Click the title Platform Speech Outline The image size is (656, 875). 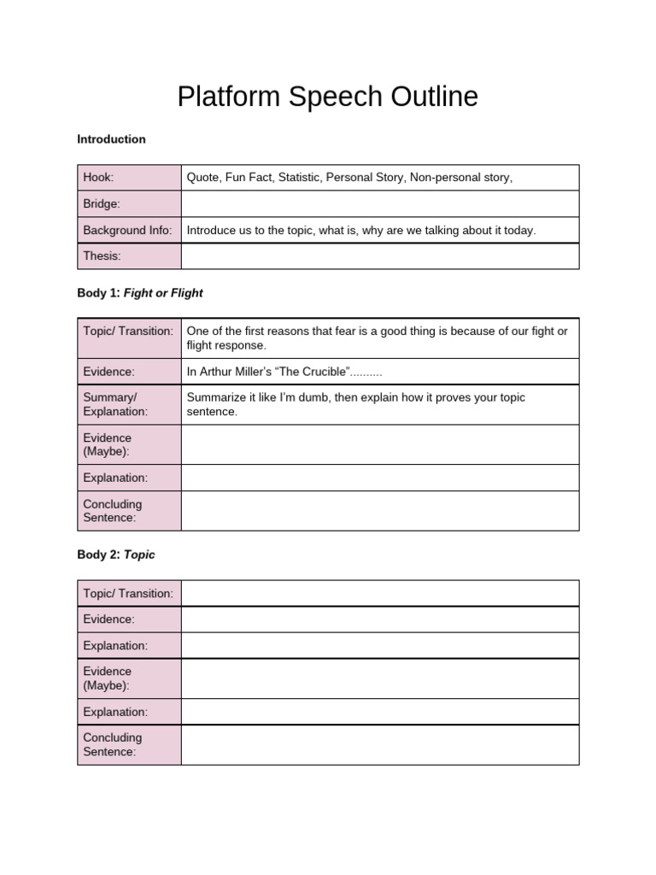pyautogui.click(x=327, y=97)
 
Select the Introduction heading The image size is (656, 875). pyautogui.click(x=111, y=139)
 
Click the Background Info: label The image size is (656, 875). pyautogui.click(x=127, y=231)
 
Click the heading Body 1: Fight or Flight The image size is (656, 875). pyautogui.click(x=140, y=293)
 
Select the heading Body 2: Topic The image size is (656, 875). pyautogui.click(x=116, y=555)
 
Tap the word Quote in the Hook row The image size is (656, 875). pyautogui.click(x=202, y=178)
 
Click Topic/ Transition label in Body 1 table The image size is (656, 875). pyautogui.click(x=128, y=331)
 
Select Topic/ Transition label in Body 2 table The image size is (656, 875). pyautogui.click(x=128, y=593)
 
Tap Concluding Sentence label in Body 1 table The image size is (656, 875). pyautogui.click(x=113, y=511)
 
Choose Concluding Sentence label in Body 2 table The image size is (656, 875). pyautogui.click(x=113, y=745)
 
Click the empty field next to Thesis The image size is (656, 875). pyautogui.click(x=380, y=256)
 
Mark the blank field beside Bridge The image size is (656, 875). pyautogui.click(x=380, y=204)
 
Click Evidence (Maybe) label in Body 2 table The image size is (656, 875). pyautogui.click(x=108, y=678)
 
